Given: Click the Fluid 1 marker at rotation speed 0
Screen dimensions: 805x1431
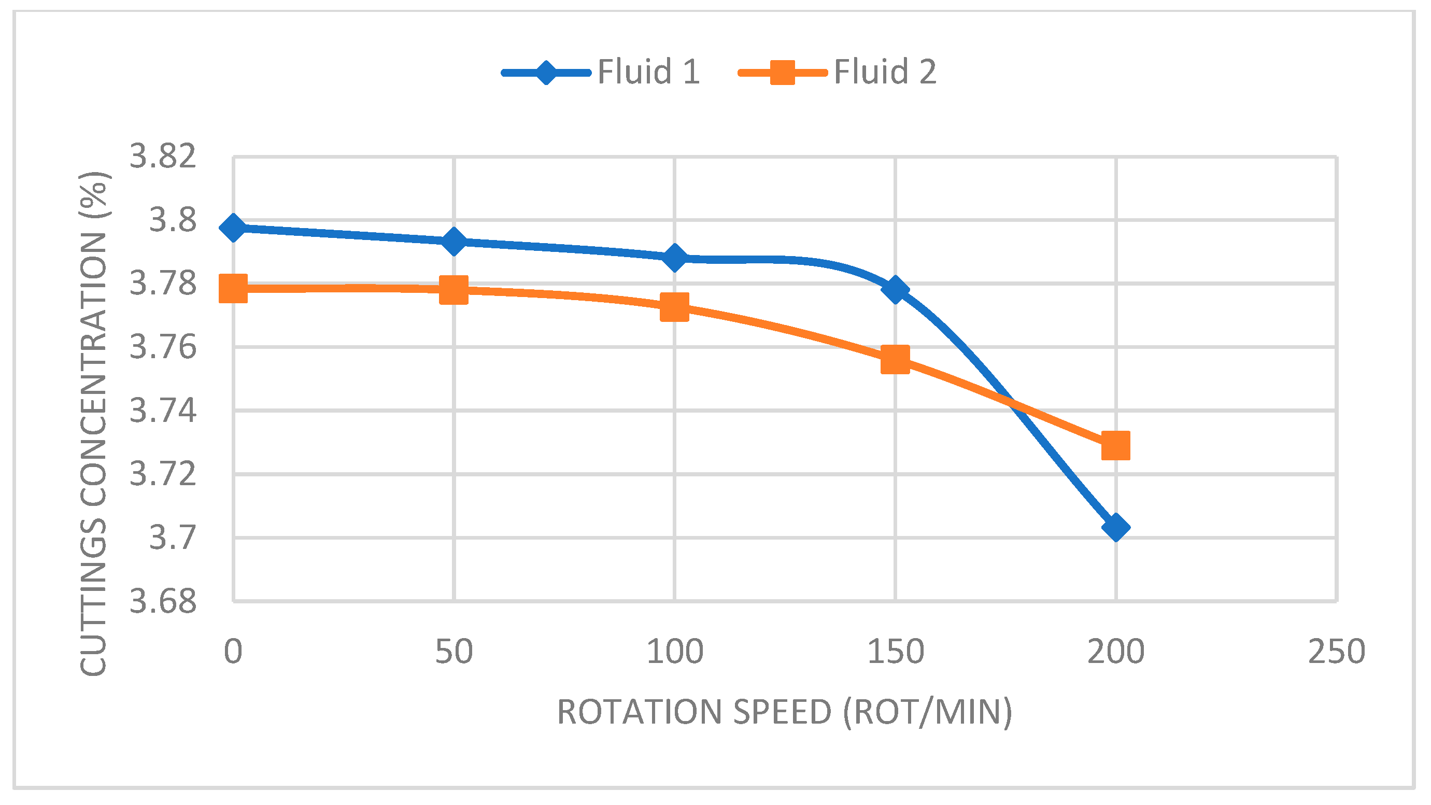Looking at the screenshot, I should click(x=233, y=227).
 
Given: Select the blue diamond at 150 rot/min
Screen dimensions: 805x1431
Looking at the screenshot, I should click(x=895, y=289).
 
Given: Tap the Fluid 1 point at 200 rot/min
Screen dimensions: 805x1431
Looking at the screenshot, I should click(x=1115, y=527).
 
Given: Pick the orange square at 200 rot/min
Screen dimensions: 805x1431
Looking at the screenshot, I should click(x=1115, y=446).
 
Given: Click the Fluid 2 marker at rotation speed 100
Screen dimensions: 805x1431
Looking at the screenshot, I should click(x=674, y=307).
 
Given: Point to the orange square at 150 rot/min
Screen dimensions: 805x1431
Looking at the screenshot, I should click(x=895, y=359).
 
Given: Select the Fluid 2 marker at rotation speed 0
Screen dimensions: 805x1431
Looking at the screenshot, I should click(x=233, y=288).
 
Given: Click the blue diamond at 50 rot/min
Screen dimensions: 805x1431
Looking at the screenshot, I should click(x=454, y=241).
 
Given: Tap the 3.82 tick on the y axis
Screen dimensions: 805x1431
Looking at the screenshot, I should click(x=163, y=156).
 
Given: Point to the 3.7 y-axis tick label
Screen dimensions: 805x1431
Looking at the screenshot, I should click(x=173, y=538).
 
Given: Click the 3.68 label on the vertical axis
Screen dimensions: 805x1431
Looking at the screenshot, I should click(x=163, y=601).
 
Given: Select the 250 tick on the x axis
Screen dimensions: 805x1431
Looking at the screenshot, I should click(x=1336, y=652).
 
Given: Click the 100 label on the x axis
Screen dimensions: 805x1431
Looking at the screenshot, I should click(x=674, y=652).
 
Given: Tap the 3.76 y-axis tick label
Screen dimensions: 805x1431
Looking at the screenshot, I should click(x=163, y=347).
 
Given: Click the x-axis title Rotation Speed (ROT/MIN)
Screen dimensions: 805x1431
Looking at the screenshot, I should click(x=784, y=712).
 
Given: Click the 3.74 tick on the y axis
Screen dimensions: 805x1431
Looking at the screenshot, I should click(x=163, y=411).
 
